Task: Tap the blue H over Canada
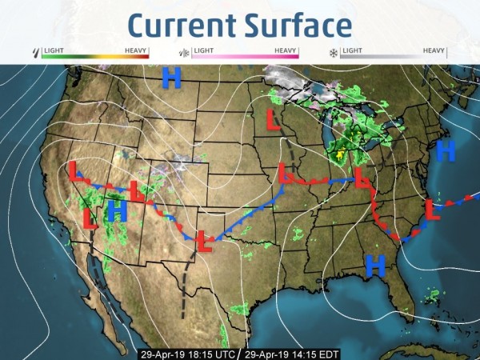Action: click(171, 78)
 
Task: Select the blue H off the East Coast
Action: click(446, 149)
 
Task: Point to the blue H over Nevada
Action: click(117, 210)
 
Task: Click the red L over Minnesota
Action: click(273, 119)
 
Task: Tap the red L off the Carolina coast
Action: click(433, 210)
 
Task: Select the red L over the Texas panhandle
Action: click(206, 240)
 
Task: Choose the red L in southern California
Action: click(90, 218)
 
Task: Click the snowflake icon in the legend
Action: click(332, 54)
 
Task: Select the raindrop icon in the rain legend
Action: click(34, 54)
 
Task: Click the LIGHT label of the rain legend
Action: click(54, 50)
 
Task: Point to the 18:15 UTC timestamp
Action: click(188, 353)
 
